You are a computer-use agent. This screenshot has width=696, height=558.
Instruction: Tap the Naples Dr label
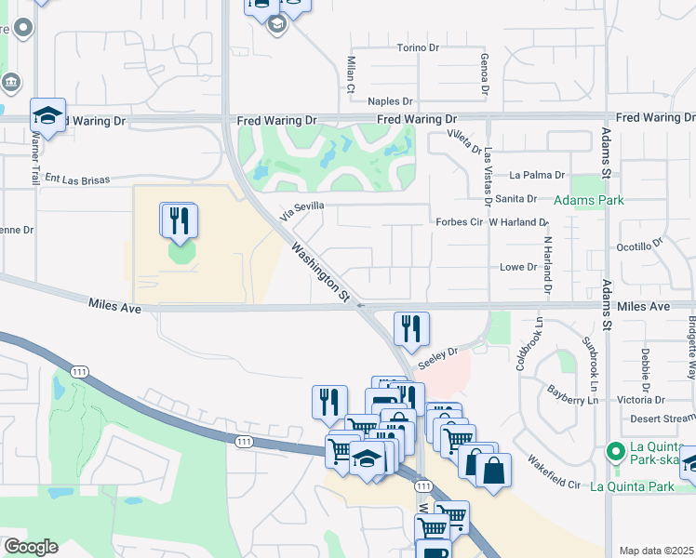(x=390, y=100)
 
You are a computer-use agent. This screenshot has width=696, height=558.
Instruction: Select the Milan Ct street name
(x=352, y=75)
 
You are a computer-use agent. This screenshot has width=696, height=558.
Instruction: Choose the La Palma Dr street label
(x=537, y=174)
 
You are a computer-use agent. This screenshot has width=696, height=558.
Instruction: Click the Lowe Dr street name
(x=519, y=267)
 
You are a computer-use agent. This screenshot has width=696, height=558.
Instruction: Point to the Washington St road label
(x=319, y=272)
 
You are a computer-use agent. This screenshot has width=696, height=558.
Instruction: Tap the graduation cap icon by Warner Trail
(x=47, y=116)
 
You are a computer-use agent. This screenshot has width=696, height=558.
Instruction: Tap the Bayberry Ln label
(x=572, y=395)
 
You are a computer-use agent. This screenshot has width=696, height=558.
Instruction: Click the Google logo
(x=31, y=547)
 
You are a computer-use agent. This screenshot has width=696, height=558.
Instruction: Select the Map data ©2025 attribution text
(x=656, y=551)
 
